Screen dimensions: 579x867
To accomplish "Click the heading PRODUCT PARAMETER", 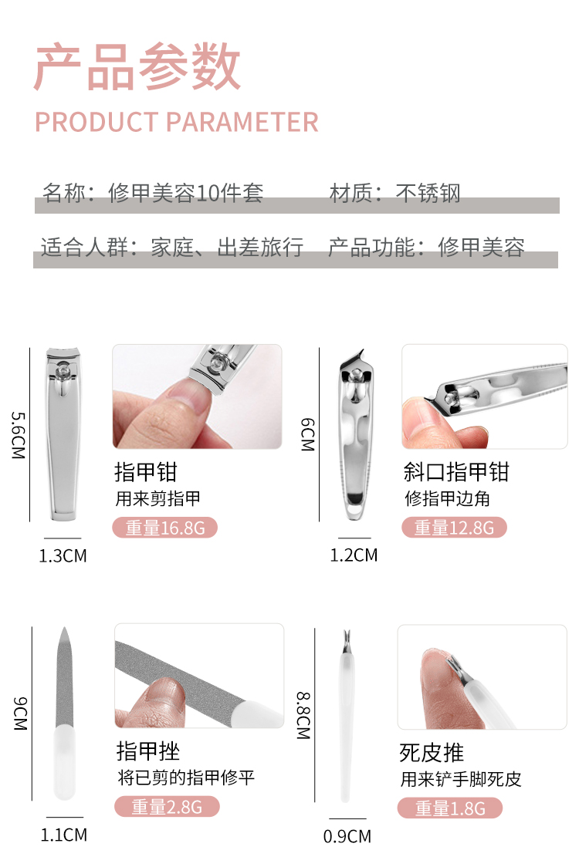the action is tap(177, 122).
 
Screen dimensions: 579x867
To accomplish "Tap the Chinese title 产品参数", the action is tap(137, 67).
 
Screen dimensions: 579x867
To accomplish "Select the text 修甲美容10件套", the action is tap(185, 193).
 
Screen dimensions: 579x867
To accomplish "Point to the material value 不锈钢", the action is tap(428, 193).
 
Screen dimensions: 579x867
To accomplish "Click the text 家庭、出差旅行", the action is tap(227, 247).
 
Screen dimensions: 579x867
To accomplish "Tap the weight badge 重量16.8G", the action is tap(165, 528).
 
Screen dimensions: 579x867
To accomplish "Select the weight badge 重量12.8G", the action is tap(454, 528).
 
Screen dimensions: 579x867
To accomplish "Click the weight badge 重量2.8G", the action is tap(168, 807).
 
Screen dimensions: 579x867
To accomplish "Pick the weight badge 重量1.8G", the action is tap(450, 808).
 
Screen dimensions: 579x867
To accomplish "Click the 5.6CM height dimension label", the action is tap(19, 435).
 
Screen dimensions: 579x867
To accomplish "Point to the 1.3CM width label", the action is tap(63, 555).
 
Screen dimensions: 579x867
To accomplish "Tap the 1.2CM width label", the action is tap(354, 555).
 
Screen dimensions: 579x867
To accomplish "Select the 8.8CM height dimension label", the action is tap(303, 716).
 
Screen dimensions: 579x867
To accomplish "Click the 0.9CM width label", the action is tap(347, 836).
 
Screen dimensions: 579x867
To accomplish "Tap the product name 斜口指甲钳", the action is tap(456, 472).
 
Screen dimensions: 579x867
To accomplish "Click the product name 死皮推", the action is tap(432, 753).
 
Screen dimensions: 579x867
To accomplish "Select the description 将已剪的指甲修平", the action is tap(186, 778).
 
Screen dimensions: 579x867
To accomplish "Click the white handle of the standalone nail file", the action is tap(64, 762).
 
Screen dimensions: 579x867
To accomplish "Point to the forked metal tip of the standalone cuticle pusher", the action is tap(347, 641).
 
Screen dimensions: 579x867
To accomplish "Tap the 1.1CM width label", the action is tap(63, 835).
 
